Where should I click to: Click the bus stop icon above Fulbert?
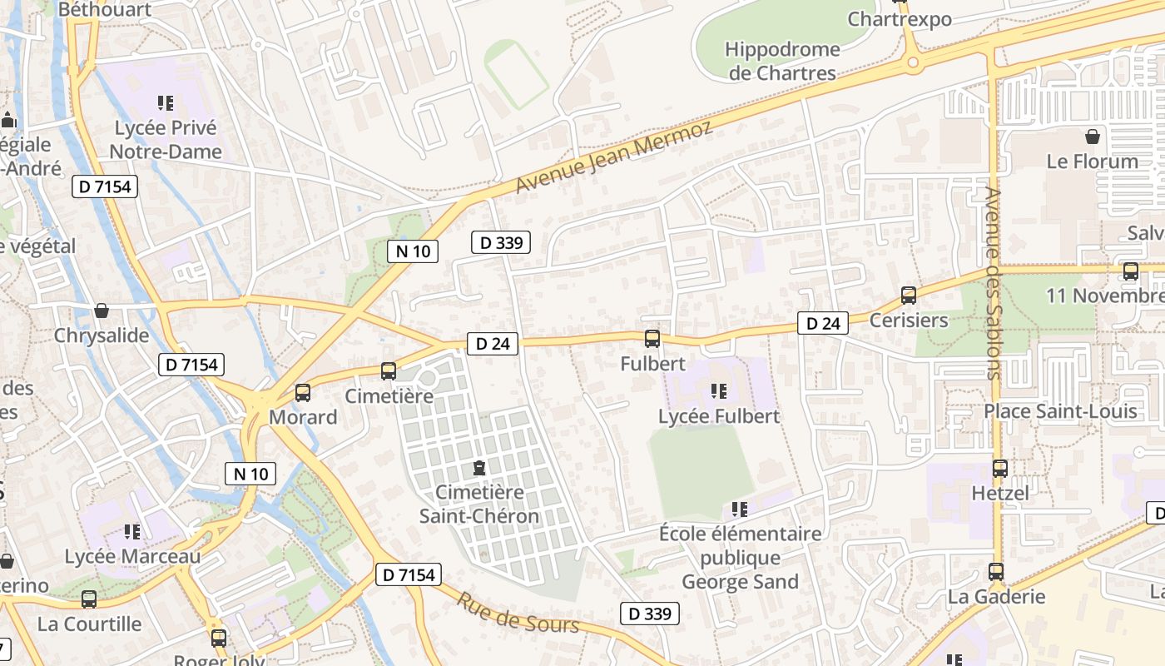coord(652,339)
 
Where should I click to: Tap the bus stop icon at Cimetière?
coord(389,371)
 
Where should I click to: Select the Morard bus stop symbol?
coord(303,393)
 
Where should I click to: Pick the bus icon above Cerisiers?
coord(909,296)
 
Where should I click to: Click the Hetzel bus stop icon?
coord(1000,469)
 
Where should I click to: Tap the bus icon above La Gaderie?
coord(996,572)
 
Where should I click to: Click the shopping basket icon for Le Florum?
coord(1092,136)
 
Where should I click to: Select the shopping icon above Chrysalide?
coord(102,311)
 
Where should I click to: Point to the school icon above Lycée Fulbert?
coord(719,390)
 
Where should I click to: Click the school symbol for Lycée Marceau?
coord(131,531)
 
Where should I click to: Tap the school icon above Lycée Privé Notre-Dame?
coord(166,103)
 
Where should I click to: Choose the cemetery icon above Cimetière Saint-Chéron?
coord(479,468)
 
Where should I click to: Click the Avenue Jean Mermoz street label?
coord(614,157)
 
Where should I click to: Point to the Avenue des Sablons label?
coord(993,283)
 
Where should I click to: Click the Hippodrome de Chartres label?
coord(782,61)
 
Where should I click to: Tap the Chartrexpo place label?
coord(900,18)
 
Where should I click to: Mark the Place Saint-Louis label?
coord(1060,411)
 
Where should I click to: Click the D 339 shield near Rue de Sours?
coord(650,614)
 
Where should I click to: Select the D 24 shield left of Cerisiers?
coord(823,323)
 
